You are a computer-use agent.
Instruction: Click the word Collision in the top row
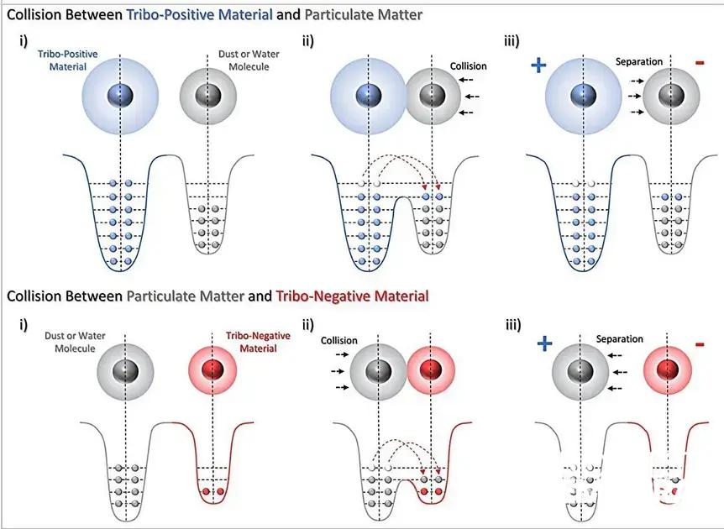[x=468, y=66]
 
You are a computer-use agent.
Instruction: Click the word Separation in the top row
[x=638, y=61]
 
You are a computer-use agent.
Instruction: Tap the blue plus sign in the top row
[x=540, y=65]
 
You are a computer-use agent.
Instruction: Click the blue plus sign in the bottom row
[x=544, y=343]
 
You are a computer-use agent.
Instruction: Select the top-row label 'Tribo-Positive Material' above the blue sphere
[x=67, y=60]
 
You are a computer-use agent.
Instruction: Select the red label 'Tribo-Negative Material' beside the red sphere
[x=257, y=342]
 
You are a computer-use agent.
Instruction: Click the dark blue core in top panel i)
[x=121, y=95]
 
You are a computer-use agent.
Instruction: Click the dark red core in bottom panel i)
[x=213, y=369]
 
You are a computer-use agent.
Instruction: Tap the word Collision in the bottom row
[x=338, y=341]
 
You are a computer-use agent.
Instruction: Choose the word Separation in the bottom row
[x=619, y=339]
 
